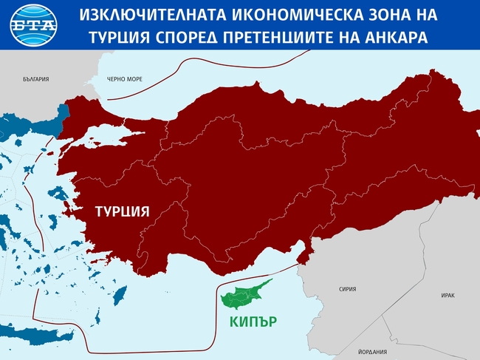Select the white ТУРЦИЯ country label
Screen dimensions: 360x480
(122, 211)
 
